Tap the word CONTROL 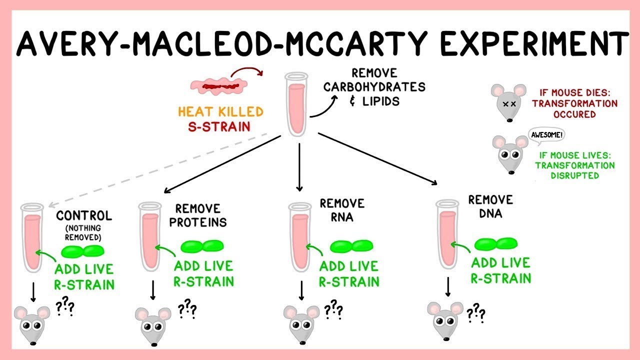(84, 216)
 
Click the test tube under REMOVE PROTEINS (148, 235)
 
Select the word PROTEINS (198, 222)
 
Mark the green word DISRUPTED (575, 175)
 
